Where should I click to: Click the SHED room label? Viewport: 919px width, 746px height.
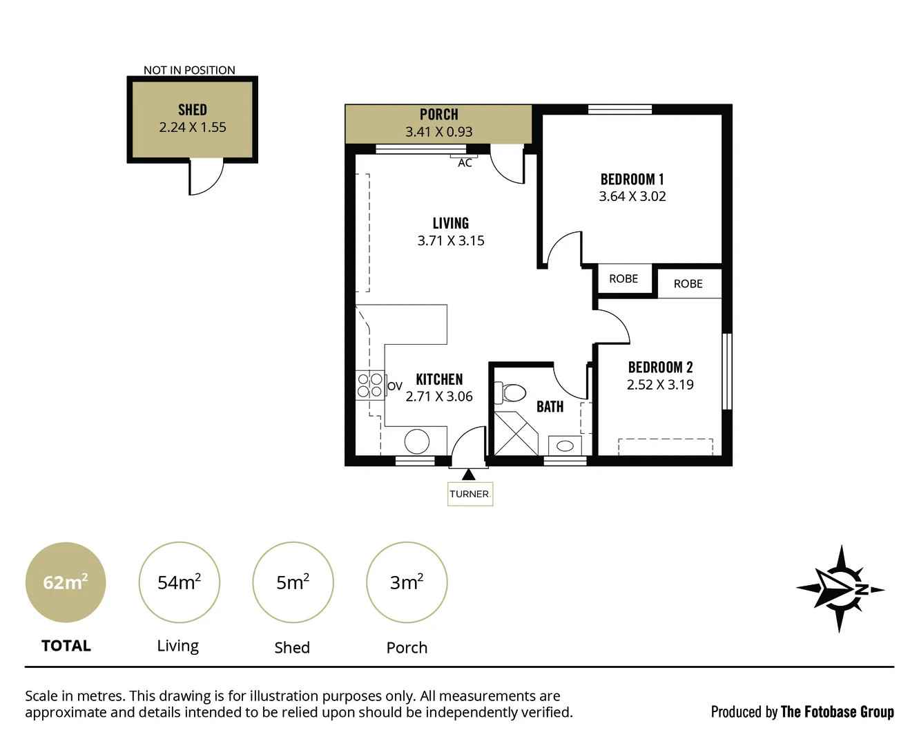pos(192,110)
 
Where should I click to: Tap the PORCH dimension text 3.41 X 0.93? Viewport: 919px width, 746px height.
pos(438,132)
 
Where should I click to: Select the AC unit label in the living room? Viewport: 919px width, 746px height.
pos(465,163)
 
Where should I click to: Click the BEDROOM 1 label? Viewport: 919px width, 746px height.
pos(632,179)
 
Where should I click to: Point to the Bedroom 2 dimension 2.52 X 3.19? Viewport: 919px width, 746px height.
pos(660,385)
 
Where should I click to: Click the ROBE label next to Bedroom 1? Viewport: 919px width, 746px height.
pos(623,279)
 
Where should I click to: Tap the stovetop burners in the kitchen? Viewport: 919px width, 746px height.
pos(369,385)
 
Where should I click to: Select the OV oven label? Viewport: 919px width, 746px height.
pos(394,386)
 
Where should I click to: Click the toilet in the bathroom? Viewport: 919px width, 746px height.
pos(512,393)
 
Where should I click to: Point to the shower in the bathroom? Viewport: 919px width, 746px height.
pos(516,433)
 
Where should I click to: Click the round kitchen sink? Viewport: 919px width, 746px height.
pos(416,441)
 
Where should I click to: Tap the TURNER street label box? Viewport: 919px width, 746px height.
pos(470,494)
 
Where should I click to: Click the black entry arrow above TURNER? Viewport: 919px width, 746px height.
pos(469,475)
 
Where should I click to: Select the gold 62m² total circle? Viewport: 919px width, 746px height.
pos(66,582)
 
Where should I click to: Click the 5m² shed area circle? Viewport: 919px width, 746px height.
pos(293,582)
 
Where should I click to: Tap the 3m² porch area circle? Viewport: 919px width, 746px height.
pos(407,582)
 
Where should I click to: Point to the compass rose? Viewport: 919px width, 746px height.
pos(840,589)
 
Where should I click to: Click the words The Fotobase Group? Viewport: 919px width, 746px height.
pos(837,711)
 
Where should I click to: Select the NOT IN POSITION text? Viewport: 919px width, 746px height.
pos(189,70)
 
